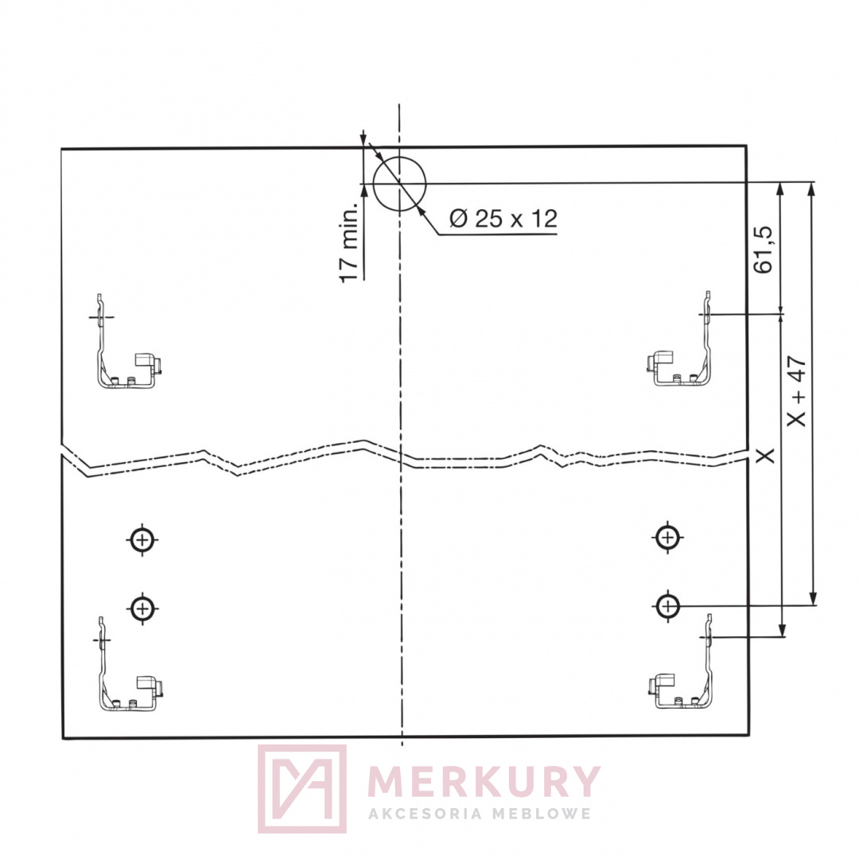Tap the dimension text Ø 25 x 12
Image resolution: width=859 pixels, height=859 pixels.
coord(503,219)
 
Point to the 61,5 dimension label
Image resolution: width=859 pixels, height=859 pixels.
coord(763,249)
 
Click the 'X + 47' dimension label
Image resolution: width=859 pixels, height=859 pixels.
coord(796,390)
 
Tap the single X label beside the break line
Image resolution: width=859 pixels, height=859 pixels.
coord(765,455)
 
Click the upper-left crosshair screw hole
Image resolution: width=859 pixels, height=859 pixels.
coord(142,539)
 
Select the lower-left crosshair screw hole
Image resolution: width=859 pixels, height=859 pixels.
coord(142,608)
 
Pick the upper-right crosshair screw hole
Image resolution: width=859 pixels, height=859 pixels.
coord(668,538)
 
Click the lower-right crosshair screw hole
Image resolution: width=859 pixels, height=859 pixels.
coord(667,606)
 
